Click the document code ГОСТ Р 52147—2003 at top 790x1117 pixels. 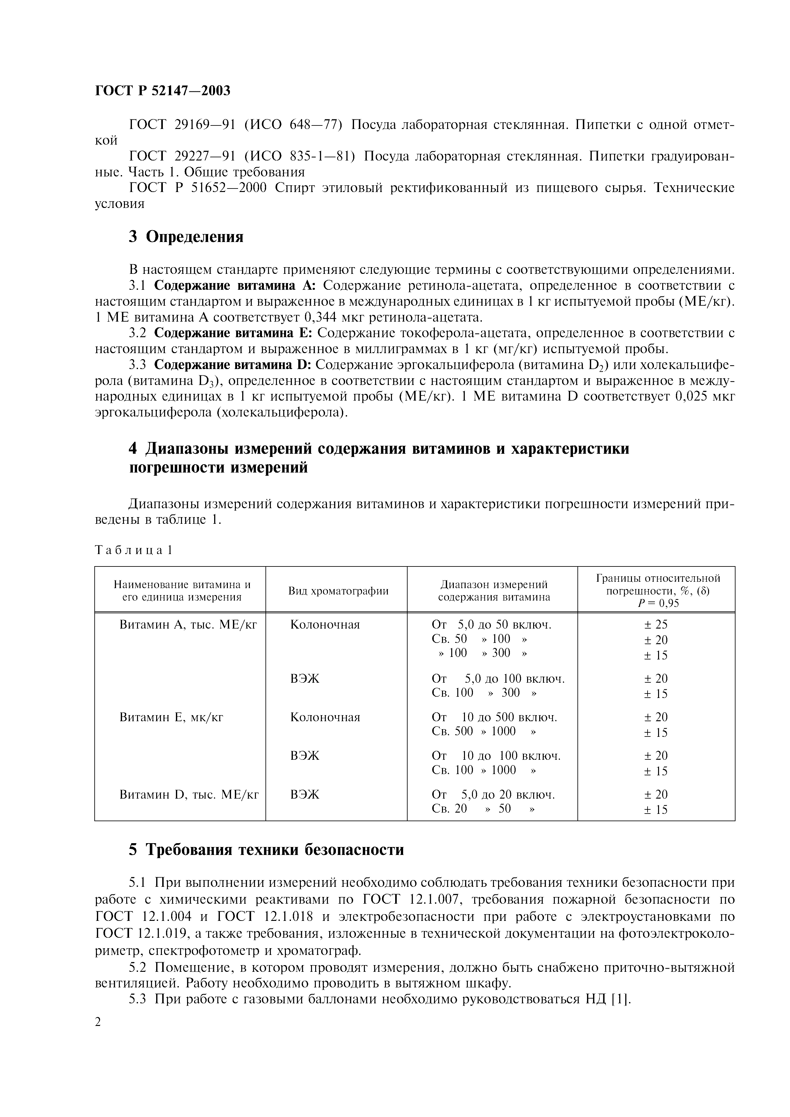tap(163, 90)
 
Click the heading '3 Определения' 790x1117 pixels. tap(186, 237)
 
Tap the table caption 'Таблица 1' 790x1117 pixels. tap(134, 550)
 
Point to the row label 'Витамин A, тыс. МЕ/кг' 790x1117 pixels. tap(188, 625)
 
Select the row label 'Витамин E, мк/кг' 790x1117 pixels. tap(171, 717)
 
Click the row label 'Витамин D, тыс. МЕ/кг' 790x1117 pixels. tap(189, 794)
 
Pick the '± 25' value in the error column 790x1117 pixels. tap(656, 625)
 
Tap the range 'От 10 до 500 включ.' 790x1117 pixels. tap(494, 717)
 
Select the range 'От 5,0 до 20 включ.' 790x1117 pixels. tap(493, 794)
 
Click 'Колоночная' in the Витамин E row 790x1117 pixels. tap(325, 717)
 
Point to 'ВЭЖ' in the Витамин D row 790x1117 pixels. tap(305, 794)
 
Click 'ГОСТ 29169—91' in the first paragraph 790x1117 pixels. tap(183, 125)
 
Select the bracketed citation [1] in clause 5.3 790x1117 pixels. tap(620, 999)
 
